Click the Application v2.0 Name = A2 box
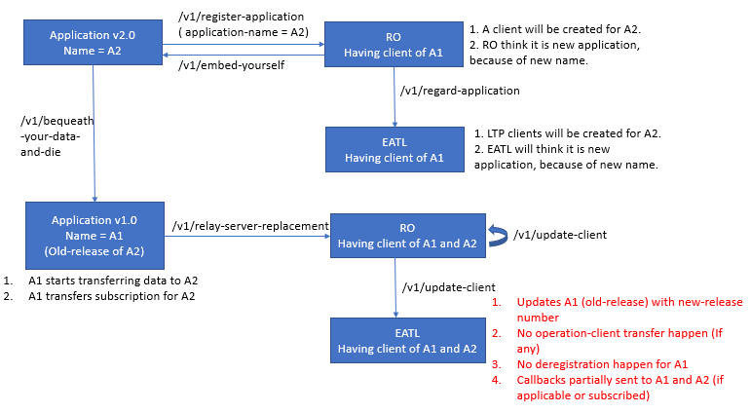coord(94,42)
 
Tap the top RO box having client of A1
coord(393,43)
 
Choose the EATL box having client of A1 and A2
coord(406,340)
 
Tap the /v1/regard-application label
coord(460,91)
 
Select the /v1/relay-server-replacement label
coord(250,226)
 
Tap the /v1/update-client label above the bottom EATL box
coord(449,286)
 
